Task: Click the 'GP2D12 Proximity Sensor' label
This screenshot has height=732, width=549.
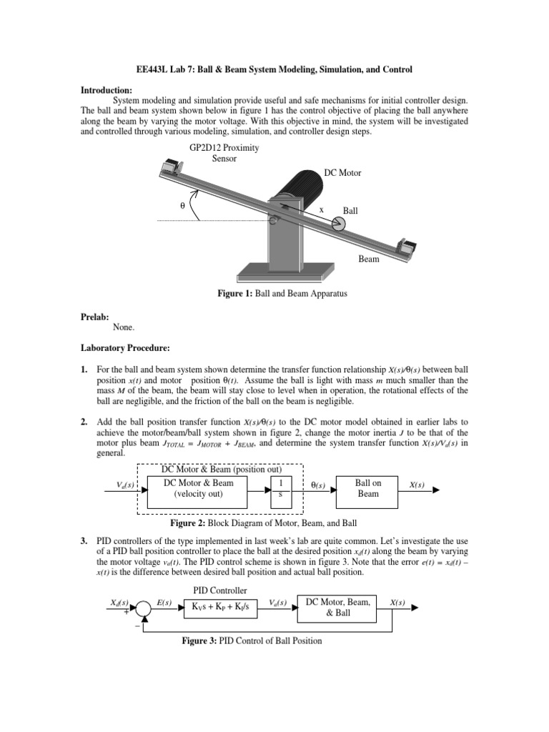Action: [224, 153]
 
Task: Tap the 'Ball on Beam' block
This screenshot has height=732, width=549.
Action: [368, 488]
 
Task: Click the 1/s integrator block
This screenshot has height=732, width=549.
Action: [280, 488]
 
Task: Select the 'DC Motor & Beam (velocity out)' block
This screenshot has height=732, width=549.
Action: [199, 488]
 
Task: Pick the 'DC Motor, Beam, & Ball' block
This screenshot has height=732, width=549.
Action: [337, 607]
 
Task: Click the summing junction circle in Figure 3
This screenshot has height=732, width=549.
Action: [144, 608]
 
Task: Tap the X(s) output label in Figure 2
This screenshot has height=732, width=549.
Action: [416, 485]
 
